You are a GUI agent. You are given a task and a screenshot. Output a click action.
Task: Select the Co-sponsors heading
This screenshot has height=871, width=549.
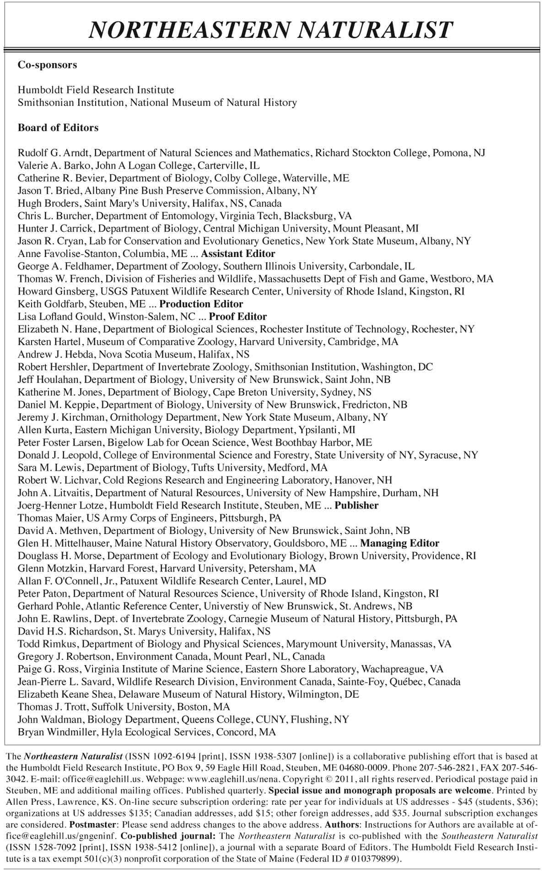47,65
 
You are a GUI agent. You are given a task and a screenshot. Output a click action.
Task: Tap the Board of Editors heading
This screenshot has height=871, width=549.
58,128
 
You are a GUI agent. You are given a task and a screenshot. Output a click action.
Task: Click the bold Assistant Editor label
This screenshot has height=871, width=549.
238,254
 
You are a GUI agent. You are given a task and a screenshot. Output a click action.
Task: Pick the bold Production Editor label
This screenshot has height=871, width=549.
201,304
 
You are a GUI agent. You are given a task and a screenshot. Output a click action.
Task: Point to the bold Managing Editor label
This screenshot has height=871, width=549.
399,543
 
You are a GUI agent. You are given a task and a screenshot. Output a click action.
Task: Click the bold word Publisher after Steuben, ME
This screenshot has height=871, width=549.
356,505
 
